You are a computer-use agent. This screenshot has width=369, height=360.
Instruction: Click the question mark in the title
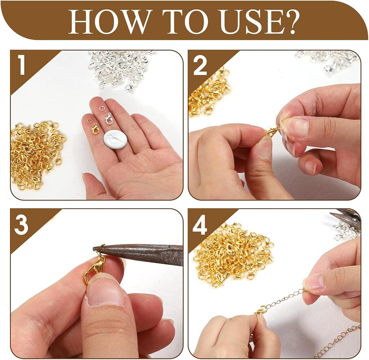click(289, 22)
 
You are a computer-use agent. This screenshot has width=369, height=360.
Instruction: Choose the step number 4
click(200, 225)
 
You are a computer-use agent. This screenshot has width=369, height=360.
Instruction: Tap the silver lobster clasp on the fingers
click(108, 118)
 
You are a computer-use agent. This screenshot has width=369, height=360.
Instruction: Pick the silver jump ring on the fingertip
click(101, 108)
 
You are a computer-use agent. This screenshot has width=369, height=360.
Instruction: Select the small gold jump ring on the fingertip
click(89, 121)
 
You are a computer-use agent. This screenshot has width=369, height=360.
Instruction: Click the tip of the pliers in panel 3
click(94, 248)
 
